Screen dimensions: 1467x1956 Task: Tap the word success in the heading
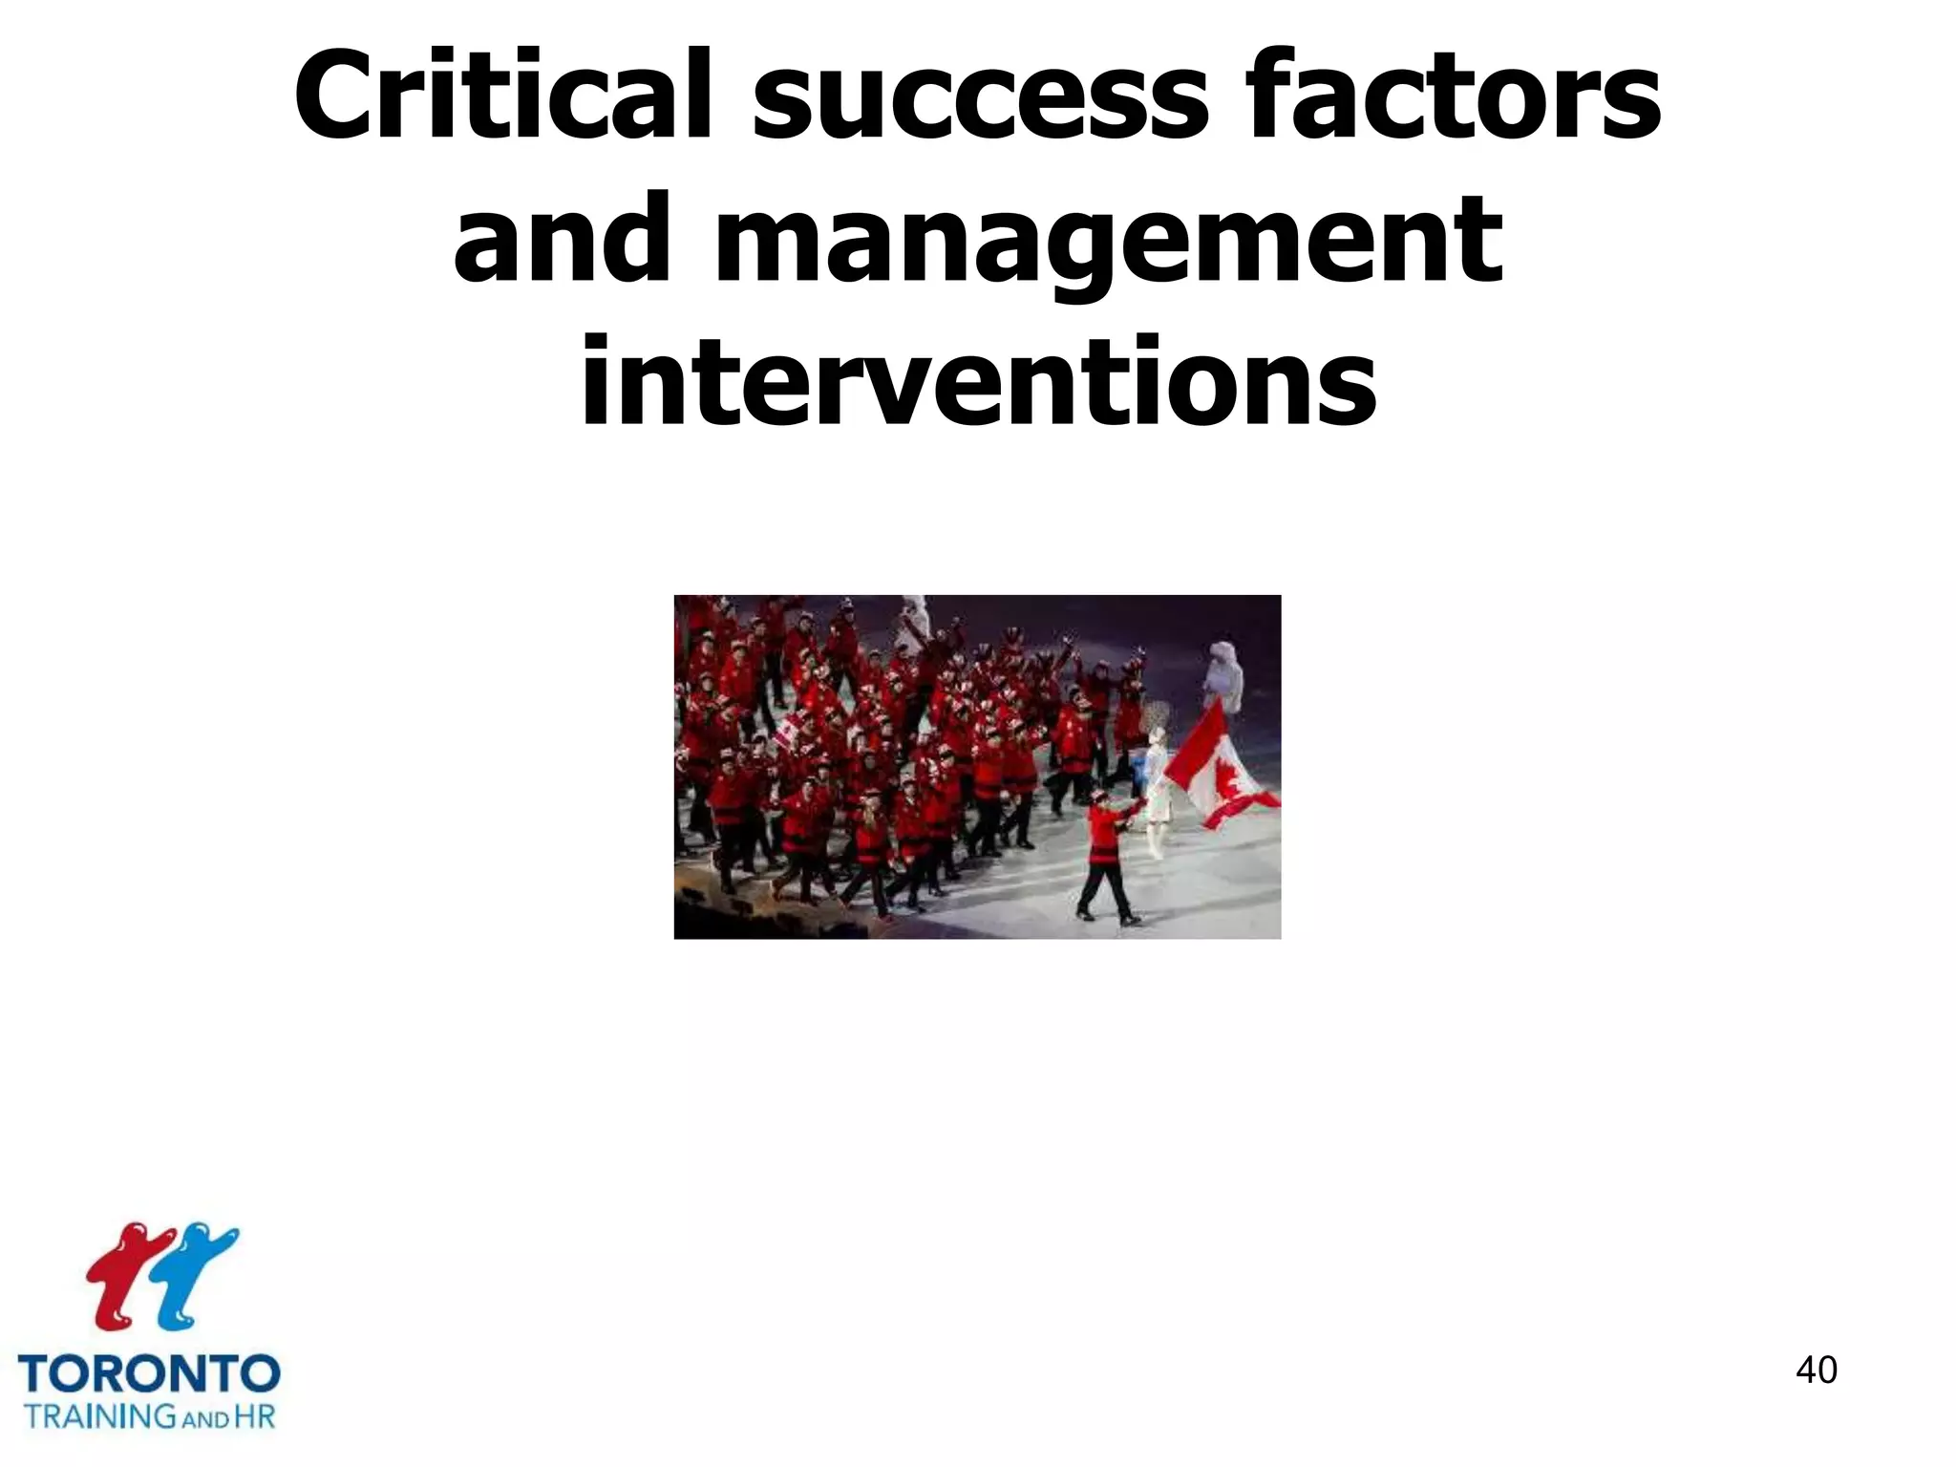[980, 96]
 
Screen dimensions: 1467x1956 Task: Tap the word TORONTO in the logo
[149, 1375]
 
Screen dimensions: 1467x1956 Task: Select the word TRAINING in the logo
[99, 1415]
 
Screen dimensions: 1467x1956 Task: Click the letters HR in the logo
[254, 1415]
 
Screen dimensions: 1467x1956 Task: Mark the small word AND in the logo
[204, 1419]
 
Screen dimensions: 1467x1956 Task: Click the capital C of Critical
[335, 96]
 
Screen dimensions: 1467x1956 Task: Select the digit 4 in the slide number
[1806, 1370]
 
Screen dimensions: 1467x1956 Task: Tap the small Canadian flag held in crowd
[786, 734]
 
